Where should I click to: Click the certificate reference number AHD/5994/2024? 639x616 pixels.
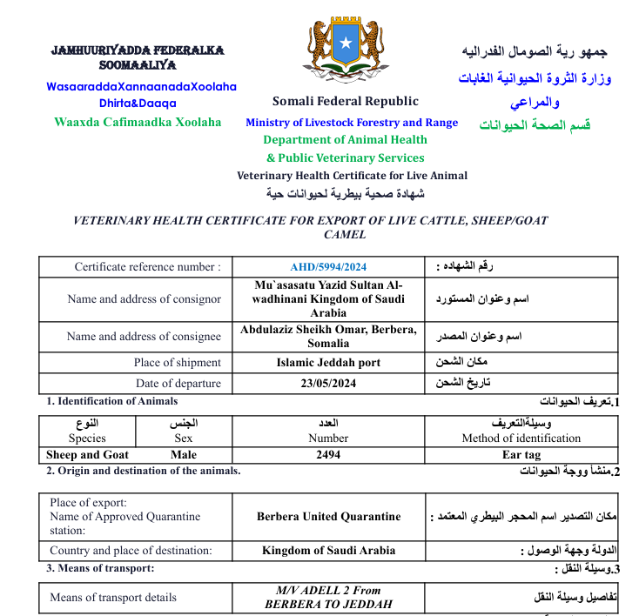pyautogui.click(x=328, y=267)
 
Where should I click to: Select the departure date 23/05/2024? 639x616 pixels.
pyautogui.click(x=328, y=384)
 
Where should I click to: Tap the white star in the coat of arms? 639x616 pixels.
pyautogui.click(x=345, y=43)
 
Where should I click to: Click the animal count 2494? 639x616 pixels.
pyautogui.click(x=328, y=455)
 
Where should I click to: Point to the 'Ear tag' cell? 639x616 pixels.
pyautogui.click(x=521, y=455)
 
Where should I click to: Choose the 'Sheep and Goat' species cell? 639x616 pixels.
pyautogui.click(x=87, y=455)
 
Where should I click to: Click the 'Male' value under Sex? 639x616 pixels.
pyautogui.click(x=184, y=455)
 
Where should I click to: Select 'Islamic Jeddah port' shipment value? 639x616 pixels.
pyautogui.click(x=328, y=363)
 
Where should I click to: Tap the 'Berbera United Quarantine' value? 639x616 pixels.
pyautogui.click(x=328, y=517)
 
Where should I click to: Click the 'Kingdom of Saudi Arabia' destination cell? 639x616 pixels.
pyautogui.click(x=328, y=551)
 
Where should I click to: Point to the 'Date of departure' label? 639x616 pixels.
pyautogui.click(x=178, y=384)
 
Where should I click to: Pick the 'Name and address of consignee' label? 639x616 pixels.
pyautogui.click(x=144, y=337)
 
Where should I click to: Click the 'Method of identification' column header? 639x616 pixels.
pyautogui.click(x=521, y=439)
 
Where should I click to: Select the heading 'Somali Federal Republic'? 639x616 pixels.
pyautogui.click(x=345, y=102)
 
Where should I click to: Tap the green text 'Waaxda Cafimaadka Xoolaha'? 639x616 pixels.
pyautogui.click(x=138, y=123)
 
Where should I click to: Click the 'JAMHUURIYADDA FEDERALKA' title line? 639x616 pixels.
pyautogui.click(x=138, y=50)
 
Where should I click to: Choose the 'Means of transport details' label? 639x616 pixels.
pyautogui.click(x=113, y=598)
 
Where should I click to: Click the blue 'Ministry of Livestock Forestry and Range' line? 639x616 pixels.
pyautogui.click(x=351, y=123)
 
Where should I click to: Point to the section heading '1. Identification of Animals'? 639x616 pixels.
pyautogui.click(x=111, y=401)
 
